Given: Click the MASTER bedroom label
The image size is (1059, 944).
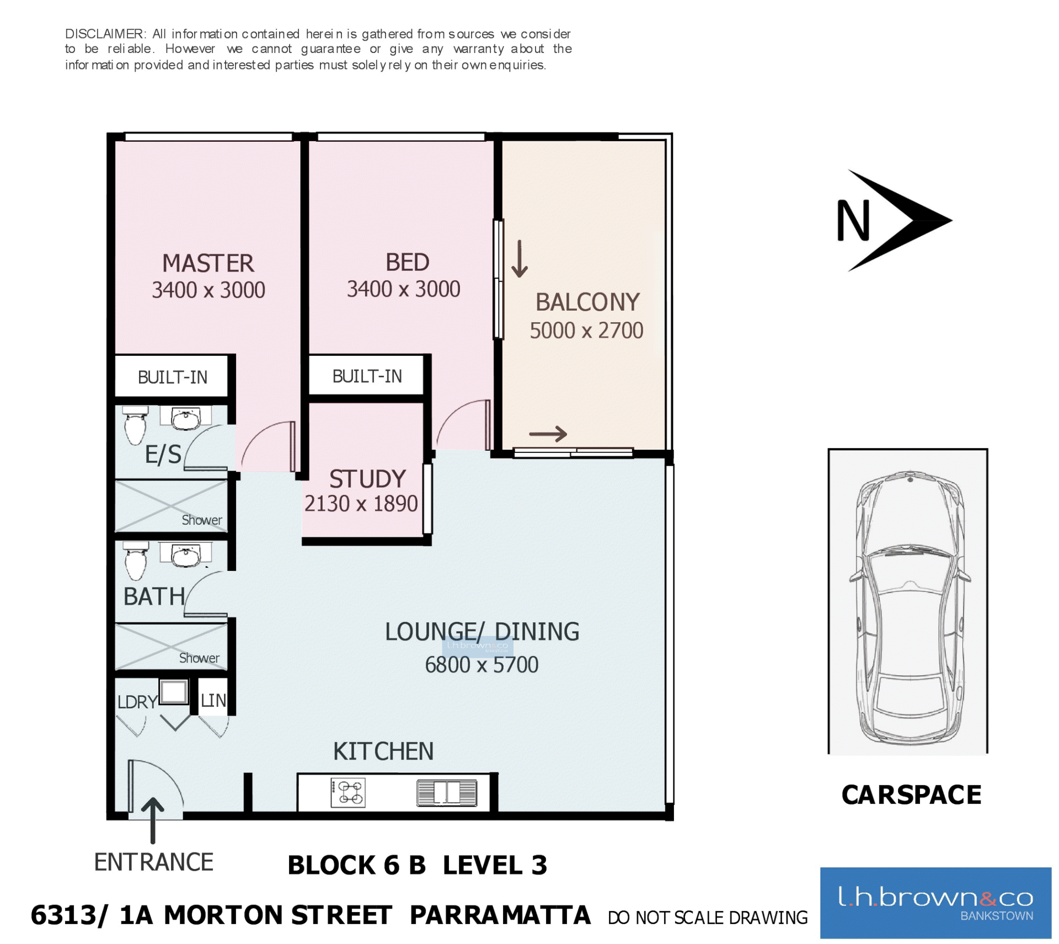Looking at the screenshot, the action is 208,263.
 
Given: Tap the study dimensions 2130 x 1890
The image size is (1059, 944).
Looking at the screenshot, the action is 361,504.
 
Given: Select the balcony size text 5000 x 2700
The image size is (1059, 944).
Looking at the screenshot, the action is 586,330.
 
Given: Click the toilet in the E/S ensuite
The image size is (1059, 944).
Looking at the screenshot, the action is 135,425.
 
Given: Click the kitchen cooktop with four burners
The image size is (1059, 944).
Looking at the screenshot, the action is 347,792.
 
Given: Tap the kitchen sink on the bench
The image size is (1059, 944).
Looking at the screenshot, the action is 446,793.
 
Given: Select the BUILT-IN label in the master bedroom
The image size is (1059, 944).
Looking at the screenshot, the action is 173,377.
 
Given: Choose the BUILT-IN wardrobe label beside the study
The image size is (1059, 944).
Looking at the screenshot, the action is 367,376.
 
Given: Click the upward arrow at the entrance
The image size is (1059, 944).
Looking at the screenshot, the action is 153,820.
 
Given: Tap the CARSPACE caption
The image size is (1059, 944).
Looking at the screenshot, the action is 911,795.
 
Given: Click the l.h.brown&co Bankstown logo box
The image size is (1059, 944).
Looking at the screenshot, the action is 935,902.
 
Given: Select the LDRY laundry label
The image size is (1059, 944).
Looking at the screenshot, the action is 137,702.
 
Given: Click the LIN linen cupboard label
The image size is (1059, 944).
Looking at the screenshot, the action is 213,701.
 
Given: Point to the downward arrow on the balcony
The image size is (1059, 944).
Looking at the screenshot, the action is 519,258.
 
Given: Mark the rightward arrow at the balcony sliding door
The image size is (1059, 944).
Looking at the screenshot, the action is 548,434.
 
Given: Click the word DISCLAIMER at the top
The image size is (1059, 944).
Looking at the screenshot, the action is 104,34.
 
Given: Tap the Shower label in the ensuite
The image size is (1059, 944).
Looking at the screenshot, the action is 202,520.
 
